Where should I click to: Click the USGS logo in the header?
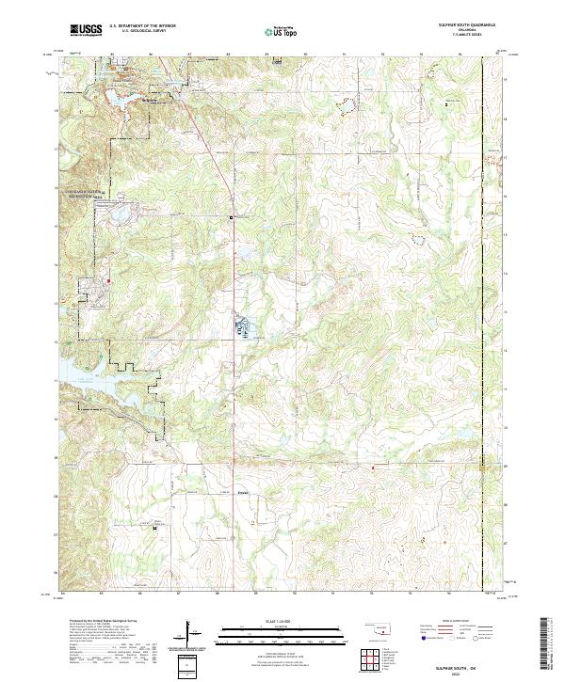click(x=86, y=31)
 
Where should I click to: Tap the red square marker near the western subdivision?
click(x=108, y=279)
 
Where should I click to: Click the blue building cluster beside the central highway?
click(x=243, y=328)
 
